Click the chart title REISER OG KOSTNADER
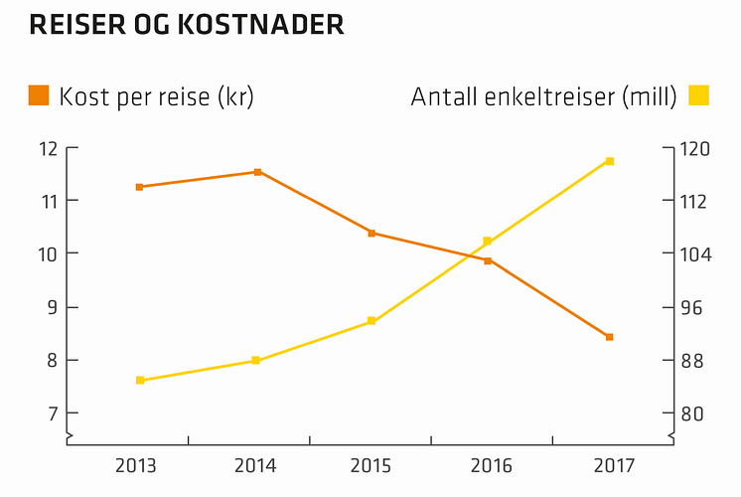(x=187, y=25)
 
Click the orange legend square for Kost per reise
(x=40, y=96)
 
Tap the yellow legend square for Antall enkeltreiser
(x=698, y=96)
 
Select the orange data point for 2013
(x=139, y=187)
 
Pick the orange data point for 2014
(x=257, y=172)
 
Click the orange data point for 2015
(x=371, y=233)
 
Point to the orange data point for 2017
(x=609, y=337)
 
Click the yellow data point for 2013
(x=140, y=380)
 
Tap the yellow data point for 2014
(x=255, y=360)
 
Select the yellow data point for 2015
(x=371, y=321)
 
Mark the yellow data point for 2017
(x=609, y=161)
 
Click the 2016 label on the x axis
(x=491, y=465)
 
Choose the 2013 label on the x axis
(x=135, y=465)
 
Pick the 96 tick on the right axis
(x=697, y=307)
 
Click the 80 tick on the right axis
(x=697, y=413)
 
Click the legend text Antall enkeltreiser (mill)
(x=543, y=97)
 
